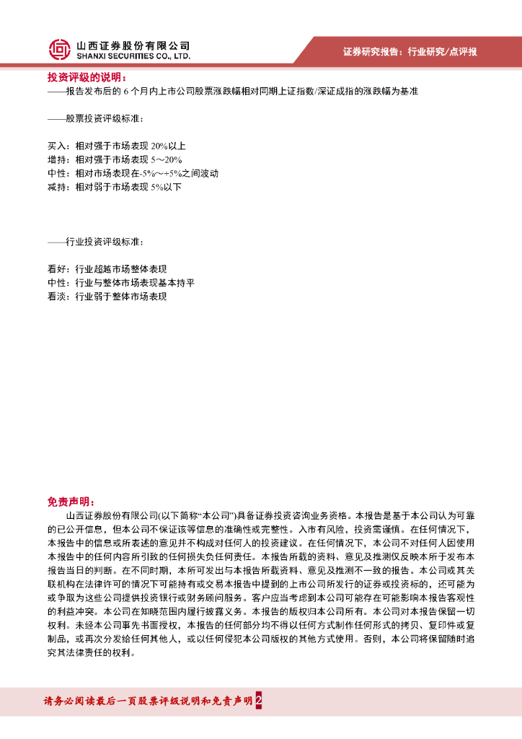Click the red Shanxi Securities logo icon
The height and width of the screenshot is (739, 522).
click(x=60, y=49)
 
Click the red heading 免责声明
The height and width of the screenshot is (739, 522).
click(x=71, y=502)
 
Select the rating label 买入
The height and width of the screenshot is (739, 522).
click(x=56, y=146)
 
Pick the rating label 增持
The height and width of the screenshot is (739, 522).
click(x=56, y=159)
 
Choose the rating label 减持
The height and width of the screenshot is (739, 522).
click(x=56, y=187)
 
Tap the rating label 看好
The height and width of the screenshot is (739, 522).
click(x=56, y=269)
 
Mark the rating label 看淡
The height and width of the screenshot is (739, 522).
click(x=56, y=297)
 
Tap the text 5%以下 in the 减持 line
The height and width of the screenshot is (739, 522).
click(x=166, y=187)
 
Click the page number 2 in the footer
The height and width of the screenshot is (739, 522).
click(x=258, y=701)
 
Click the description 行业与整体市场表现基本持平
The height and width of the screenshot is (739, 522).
click(x=135, y=283)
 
